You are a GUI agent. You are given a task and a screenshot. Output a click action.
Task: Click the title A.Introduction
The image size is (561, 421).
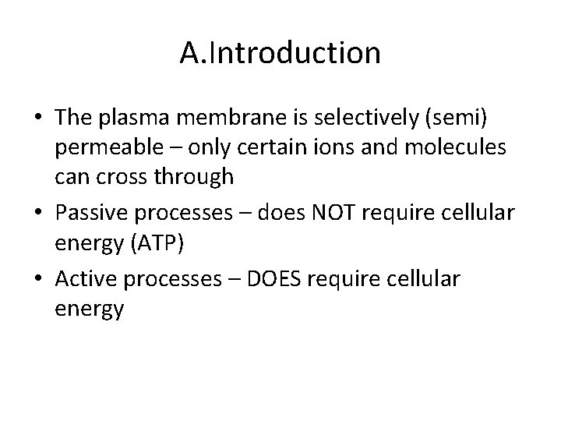tap(280, 54)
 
